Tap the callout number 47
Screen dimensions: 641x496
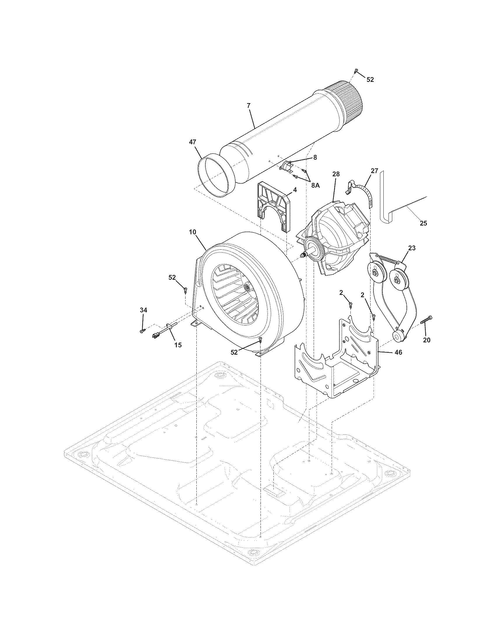[x=193, y=142]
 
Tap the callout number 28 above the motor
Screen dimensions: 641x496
[x=336, y=174]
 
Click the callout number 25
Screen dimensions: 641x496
[x=423, y=223]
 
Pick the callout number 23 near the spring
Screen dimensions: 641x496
[x=412, y=248]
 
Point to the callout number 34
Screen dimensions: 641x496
[x=143, y=310]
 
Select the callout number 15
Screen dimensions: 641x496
[x=178, y=345]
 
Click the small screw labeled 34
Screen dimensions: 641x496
[x=142, y=331]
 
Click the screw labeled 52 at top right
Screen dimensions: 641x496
[x=356, y=71]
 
